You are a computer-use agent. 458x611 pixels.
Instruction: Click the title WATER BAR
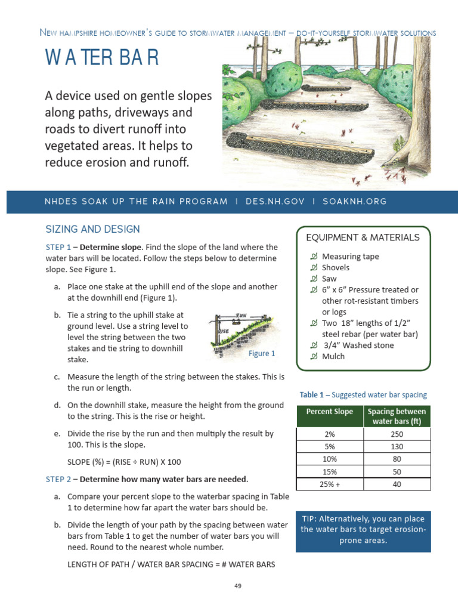[102, 58]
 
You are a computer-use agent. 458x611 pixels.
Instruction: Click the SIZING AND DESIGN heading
[92, 229]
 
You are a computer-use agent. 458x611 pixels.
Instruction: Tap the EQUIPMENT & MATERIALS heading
[363, 237]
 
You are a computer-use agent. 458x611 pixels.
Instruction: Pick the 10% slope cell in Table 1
[329, 459]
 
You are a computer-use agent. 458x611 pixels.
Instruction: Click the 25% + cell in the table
[329, 485]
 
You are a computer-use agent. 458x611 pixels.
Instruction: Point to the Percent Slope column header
[329, 412]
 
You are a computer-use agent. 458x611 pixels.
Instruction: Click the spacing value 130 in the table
[397, 447]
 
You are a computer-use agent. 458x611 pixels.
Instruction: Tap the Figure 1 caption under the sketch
[262, 354]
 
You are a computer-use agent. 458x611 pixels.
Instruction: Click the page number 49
[237, 586]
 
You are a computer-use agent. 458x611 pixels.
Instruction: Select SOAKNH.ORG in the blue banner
[354, 202]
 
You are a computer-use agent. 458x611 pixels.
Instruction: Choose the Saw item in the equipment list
[329, 279]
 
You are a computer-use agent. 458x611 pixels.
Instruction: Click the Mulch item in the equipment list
[333, 357]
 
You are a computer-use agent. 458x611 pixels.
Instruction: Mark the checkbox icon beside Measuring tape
[314, 257]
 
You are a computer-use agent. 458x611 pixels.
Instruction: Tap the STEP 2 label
[58, 479]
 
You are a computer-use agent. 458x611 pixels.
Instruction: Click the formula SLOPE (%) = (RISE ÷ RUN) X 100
[124, 462]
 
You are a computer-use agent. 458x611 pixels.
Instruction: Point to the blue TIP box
[363, 530]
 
